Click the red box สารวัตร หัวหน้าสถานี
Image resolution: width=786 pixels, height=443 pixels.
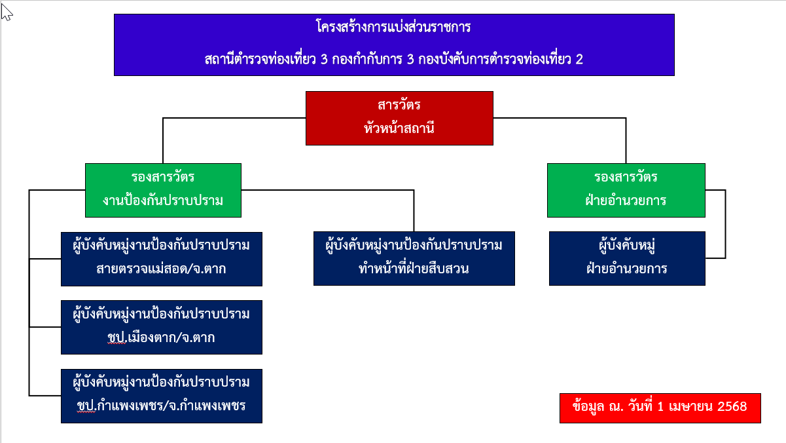399,118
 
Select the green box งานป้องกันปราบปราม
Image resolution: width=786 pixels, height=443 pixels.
163,190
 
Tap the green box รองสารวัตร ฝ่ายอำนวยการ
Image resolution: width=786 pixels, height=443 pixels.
626,190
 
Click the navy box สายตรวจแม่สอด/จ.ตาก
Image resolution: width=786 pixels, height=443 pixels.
161,259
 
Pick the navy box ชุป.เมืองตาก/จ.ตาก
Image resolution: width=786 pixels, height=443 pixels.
161,327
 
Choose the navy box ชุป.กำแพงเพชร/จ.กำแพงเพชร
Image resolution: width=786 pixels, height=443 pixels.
161,396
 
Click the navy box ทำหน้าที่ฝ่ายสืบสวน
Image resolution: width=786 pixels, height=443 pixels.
414,258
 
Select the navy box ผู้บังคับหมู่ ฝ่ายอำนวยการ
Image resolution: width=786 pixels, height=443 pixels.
627,258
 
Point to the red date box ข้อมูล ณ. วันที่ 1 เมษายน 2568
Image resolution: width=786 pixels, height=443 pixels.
660,408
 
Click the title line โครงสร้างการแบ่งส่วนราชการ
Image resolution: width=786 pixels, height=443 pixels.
393,28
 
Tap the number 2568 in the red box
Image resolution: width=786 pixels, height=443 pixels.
732,407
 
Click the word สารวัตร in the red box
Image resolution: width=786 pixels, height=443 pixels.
399,106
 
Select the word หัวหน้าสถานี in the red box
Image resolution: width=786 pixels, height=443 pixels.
399,128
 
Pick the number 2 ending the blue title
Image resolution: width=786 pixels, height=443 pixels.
579,59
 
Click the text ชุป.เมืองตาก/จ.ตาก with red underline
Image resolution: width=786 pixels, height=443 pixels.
161,338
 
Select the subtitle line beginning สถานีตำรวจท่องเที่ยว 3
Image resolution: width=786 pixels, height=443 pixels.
393,59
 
